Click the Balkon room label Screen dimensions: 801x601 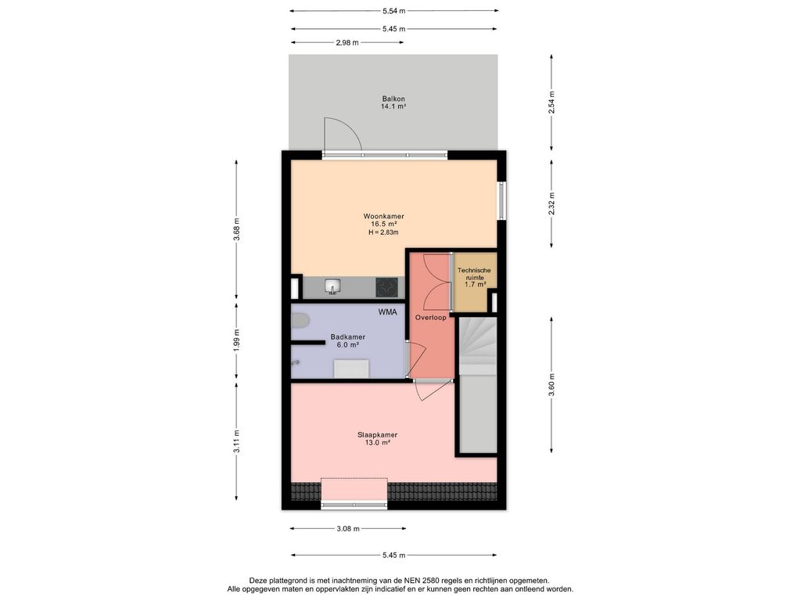pyautogui.click(x=393, y=99)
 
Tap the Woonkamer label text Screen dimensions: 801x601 pyautogui.click(x=383, y=216)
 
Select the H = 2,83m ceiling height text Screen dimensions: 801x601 pyautogui.click(x=383, y=232)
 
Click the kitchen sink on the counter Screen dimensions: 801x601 pyautogui.click(x=333, y=286)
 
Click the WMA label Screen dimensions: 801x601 pyautogui.click(x=387, y=311)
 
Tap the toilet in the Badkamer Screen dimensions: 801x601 pyautogui.click(x=300, y=321)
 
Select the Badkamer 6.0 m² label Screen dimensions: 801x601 pyautogui.click(x=348, y=341)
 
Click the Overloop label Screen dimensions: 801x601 pyautogui.click(x=431, y=318)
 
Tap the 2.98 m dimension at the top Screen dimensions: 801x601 pyautogui.click(x=347, y=42)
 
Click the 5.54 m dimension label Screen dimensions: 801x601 pyautogui.click(x=394, y=10)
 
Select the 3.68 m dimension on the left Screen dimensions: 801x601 pyautogui.click(x=236, y=229)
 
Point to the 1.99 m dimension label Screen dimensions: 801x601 pyautogui.click(x=236, y=339)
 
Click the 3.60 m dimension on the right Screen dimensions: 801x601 pyautogui.click(x=551, y=385)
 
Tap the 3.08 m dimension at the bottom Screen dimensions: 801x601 pyautogui.click(x=348, y=528)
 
